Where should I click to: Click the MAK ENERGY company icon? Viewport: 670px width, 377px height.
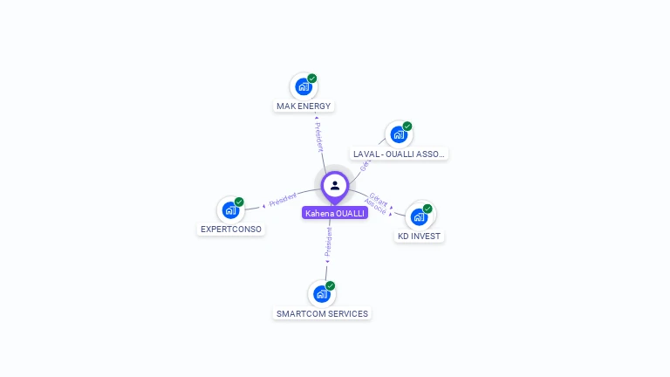(303, 86)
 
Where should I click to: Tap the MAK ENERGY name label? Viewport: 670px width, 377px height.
(304, 106)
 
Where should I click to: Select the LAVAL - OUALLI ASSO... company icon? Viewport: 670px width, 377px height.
(399, 134)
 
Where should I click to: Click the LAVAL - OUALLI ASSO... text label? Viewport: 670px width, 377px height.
(400, 154)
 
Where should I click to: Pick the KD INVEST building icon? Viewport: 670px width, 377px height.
(420, 216)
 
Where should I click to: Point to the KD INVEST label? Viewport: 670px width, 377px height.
(420, 236)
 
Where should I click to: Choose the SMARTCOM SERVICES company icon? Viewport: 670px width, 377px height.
(321, 294)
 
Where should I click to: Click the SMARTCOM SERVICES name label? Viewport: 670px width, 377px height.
(322, 313)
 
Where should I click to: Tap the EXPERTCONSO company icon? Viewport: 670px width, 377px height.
(230, 209)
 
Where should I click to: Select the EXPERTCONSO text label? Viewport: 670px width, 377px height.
(231, 230)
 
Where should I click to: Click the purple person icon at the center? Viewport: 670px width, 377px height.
(335, 186)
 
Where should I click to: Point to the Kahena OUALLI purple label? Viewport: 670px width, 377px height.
(335, 213)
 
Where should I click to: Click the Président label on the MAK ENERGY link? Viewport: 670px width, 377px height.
(319, 136)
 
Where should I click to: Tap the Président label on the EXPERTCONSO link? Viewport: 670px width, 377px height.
(282, 200)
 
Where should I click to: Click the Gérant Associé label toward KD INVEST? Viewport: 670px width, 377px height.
(377, 203)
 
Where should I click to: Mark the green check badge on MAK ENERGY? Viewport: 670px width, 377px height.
(312, 79)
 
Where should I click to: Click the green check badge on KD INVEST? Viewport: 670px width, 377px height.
(427, 209)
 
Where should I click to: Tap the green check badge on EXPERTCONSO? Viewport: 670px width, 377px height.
(239, 202)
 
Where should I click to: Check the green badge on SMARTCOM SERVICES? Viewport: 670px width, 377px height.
(331, 286)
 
